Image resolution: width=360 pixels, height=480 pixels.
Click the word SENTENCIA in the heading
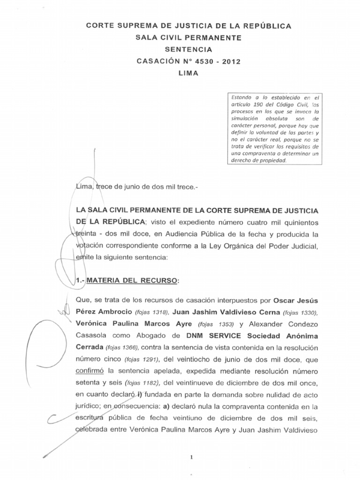pyautogui.click(x=188, y=49)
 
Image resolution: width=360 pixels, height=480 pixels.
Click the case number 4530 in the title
pyautogui.click(x=202, y=61)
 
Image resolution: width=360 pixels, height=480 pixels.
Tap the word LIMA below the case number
pyautogui.click(x=188, y=74)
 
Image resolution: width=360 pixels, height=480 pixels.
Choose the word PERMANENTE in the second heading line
pyautogui.click(x=215, y=37)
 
